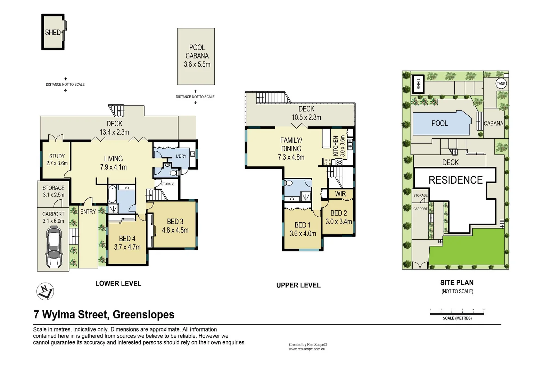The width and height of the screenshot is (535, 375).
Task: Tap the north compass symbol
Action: (x=45, y=291)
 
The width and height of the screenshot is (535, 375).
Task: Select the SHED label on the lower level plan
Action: (x=53, y=32)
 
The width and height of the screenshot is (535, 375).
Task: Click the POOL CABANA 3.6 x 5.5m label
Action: (x=197, y=56)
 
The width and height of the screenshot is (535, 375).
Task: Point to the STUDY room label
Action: (x=57, y=159)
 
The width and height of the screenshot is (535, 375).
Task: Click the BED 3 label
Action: (x=175, y=226)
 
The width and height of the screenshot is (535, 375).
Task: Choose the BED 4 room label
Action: (x=127, y=243)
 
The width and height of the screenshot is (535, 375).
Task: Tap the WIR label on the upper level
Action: (x=340, y=194)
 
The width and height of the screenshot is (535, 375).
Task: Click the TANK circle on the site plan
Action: (x=501, y=83)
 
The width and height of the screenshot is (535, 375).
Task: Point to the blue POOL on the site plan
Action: (x=440, y=123)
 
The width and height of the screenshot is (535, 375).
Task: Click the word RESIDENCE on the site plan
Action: (x=455, y=180)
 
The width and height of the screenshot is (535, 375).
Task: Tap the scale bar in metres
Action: (x=457, y=313)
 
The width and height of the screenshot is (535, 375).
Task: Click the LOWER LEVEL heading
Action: (x=118, y=283)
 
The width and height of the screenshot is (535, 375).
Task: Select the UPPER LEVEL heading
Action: (x=298, y=285)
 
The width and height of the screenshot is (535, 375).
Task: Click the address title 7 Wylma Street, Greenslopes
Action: (x=104, y=314)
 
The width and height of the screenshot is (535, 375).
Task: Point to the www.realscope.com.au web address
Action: (x=307, y=349)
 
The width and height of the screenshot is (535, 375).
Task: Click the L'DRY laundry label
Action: (x=181, y=156)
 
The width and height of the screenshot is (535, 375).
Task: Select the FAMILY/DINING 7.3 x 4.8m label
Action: (x=291, y=149)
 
